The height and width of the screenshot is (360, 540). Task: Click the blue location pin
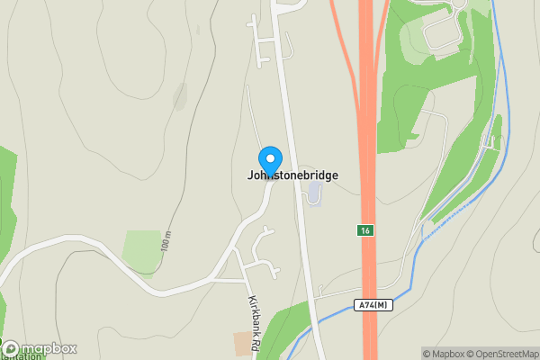(x=269, y=160)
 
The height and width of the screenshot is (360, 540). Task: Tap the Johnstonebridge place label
(x=293, y=175)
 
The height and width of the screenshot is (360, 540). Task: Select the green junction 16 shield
(x=364, y=230)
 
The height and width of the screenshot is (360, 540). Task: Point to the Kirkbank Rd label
(x=255, y=323)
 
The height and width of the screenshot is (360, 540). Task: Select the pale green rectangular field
(x=142, y=251)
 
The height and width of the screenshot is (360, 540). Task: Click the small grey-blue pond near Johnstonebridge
(x=314, y=193)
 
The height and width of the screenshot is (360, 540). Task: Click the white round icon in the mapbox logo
(x=11, y=348)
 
